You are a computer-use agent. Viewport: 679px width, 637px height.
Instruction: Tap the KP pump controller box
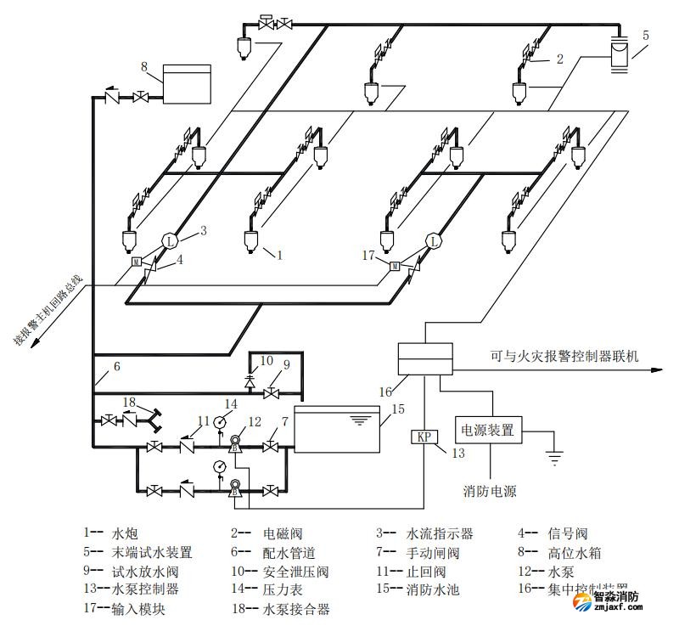pos(424,437)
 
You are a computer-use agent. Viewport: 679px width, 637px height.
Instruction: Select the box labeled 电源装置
pos(489,430)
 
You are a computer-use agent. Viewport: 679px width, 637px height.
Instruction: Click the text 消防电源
pos(490,491)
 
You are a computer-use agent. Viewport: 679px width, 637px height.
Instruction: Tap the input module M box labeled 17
pos(395,266)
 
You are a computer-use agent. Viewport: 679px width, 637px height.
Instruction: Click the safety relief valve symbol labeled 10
pos(249,381)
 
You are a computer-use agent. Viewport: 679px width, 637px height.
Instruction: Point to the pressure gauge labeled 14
pos(220,421)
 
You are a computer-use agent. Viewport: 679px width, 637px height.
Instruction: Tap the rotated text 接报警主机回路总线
pos(49,311)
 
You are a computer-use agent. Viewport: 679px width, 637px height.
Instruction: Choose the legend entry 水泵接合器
pos(296,609)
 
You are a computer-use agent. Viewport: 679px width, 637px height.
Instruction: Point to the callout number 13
pos(458,454)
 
